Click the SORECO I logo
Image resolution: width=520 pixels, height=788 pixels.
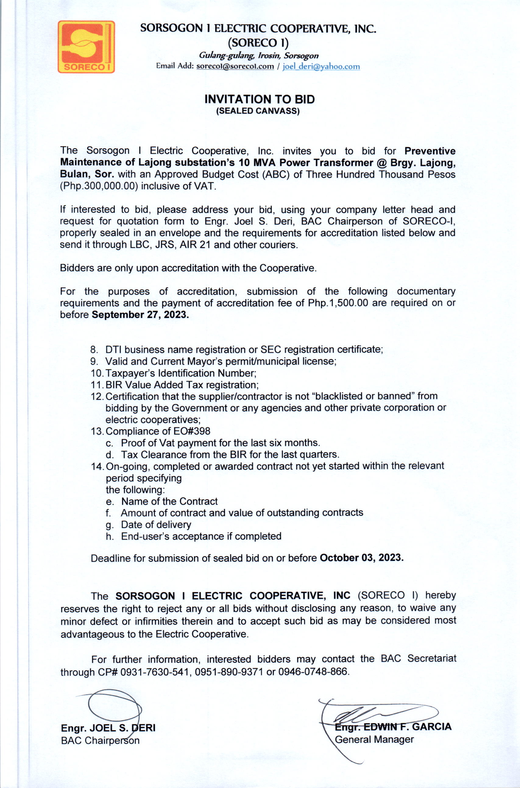point(86,47)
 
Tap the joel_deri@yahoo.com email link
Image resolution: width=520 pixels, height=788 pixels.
point(321,67)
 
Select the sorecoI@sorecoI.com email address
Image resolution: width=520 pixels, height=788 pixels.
point(235,66)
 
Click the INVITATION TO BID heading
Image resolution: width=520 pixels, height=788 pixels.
point(259,99)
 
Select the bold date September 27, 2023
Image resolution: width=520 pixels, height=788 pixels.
point(140,315)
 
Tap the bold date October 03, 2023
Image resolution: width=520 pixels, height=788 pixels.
point(362,558)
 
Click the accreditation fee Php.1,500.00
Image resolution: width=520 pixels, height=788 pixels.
point(338,303)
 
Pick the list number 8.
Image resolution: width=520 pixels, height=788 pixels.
point(94,350)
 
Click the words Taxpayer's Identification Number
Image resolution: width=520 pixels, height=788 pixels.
point(181,373)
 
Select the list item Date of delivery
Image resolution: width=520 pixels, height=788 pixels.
point(156,525)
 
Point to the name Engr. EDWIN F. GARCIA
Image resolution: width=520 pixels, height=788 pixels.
point(393,727)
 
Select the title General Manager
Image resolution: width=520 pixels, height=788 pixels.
point(374,739)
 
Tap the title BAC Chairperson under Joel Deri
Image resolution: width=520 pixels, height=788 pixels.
point(100,740)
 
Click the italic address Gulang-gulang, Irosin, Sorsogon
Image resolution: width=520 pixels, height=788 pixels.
point(259,56)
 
